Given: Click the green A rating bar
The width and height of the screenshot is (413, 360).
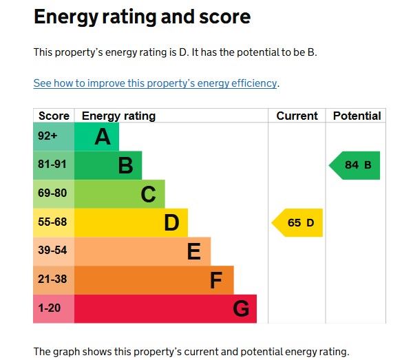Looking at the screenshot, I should [96, 136].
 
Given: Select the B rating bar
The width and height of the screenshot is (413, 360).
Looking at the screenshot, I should [108, 165].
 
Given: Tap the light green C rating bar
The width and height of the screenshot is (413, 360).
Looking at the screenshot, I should [119, 194].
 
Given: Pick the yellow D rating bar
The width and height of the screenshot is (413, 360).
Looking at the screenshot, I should [131, 222].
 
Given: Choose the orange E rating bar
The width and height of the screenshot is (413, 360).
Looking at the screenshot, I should [142, 251].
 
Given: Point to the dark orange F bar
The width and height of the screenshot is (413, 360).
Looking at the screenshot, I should [153, 280].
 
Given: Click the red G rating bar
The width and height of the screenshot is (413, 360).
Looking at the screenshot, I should [165, 308].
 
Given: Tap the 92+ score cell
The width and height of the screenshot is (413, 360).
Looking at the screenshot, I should [53, 136].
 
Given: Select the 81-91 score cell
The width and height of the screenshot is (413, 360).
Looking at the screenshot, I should [53, 165].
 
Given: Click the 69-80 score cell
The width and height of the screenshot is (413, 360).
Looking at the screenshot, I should [53, 194].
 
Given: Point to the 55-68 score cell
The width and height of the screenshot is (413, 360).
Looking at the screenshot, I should [53, 222].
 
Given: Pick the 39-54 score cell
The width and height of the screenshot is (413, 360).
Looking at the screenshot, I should [53, 251].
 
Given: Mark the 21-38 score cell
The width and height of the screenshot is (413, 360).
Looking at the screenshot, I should [53, 280].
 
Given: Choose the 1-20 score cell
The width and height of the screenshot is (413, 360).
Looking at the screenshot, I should [53, 308].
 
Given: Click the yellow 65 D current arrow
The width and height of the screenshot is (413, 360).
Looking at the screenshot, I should [298, 222].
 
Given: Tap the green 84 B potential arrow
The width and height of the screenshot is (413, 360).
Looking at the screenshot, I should [356, 165].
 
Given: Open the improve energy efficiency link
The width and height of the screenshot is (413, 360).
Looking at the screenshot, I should [156, 83].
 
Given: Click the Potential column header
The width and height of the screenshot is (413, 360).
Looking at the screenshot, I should [357, 116].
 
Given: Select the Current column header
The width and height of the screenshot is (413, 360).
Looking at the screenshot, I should [297, 116].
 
